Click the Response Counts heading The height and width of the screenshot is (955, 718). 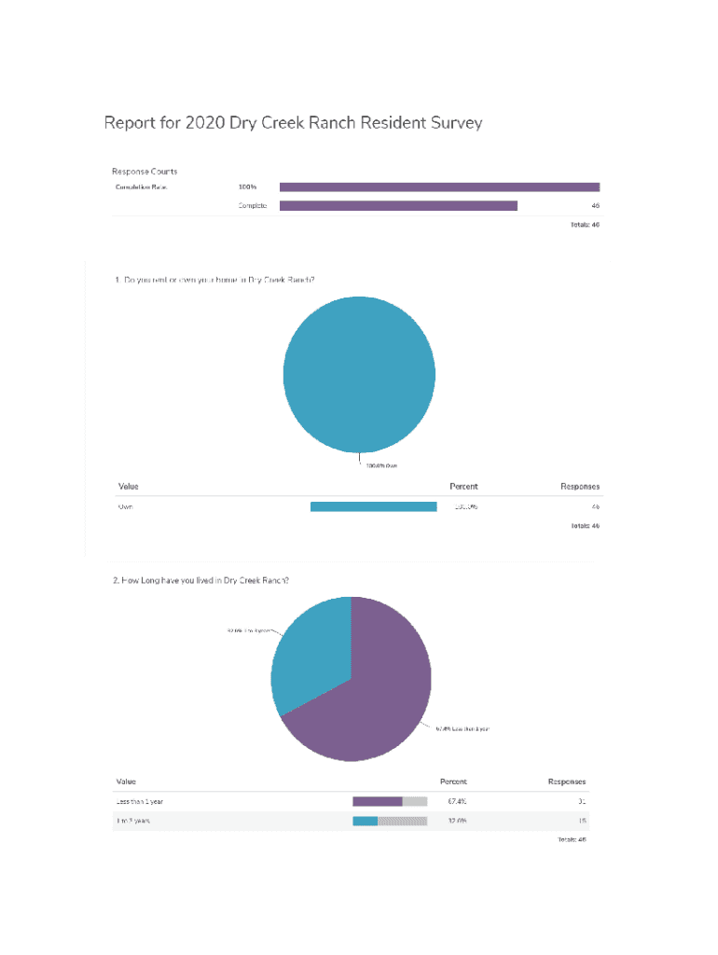tap(145, 172)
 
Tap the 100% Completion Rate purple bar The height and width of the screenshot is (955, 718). tap(439, 187)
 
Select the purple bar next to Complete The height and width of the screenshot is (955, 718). tap(398, 205)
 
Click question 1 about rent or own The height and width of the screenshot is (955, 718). tap(214, 278)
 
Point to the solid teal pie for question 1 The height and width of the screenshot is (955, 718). tap(359, 374)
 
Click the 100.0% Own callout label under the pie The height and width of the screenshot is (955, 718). tap(380, 465)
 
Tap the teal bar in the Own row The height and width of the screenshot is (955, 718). tap(373, 506)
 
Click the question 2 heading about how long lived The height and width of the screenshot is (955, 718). tap(200, 580)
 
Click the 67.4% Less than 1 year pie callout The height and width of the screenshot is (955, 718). tap(463, 728)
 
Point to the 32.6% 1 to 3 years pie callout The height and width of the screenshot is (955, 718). tap(249, 631)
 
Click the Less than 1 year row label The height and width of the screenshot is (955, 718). tap(145, 801)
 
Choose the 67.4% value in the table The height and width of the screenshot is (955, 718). tap(457, 801)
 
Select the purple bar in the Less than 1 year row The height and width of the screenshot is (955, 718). tap(377, 801)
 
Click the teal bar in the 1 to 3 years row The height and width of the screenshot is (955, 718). tap(365, 821)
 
